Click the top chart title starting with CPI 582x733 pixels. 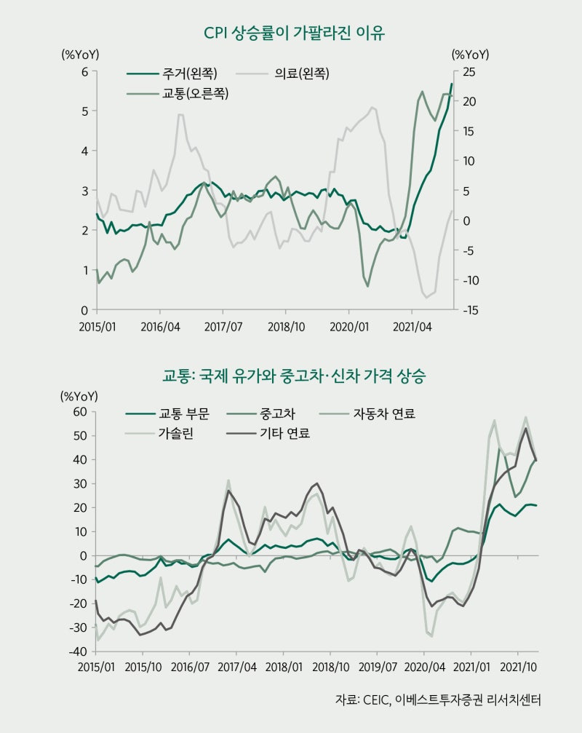click(x=295, y=33)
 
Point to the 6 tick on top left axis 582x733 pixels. click(x=84, y=71)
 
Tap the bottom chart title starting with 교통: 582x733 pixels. click(x=294, y=377)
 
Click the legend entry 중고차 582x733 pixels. click(x=277, y=415)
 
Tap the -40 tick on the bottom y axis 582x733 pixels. click(x=78, y=651)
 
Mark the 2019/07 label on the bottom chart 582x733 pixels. click(x=377, y=667)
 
